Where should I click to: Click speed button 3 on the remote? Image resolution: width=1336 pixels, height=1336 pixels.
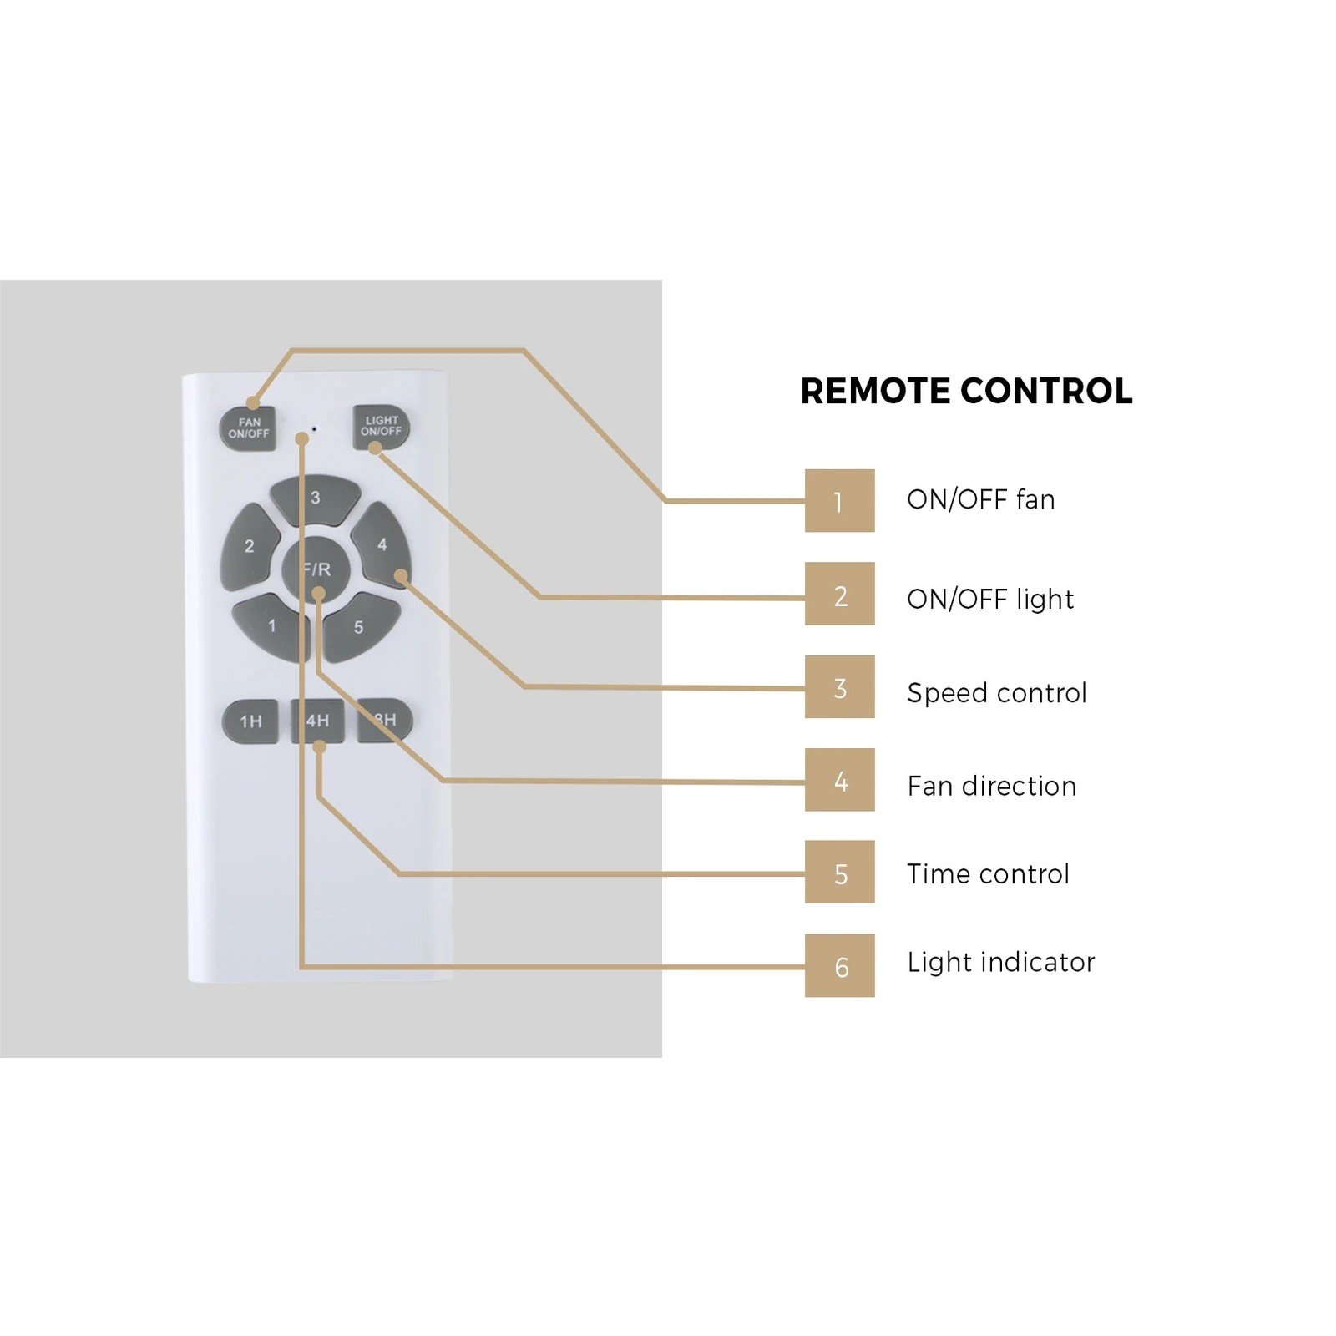(316, 499)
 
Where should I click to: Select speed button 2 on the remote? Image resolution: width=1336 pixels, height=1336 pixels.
(250, 547)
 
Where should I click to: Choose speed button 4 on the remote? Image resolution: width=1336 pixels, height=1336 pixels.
(382, 544)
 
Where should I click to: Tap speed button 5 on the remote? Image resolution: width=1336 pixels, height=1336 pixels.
(361, 626)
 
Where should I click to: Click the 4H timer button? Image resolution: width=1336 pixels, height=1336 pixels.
(317, 721)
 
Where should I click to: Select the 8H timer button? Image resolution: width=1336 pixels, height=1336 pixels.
(385, 720)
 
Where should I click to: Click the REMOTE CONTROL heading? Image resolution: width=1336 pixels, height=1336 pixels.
(966, 391)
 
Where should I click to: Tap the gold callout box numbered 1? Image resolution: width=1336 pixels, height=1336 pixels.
(839, 500)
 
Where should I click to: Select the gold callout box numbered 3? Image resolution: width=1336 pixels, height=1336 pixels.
(839, 686)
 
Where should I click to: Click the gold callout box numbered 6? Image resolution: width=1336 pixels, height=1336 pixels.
(839, 965)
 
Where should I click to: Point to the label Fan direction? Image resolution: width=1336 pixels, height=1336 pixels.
(991, 786)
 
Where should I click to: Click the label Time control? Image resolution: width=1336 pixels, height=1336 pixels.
(988, 873)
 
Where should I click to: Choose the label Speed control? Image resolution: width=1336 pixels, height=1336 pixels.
(997, 693)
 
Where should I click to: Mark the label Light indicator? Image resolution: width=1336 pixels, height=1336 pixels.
(1000, 962)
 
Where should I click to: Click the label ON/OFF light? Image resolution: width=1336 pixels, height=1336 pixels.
(990, 599)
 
